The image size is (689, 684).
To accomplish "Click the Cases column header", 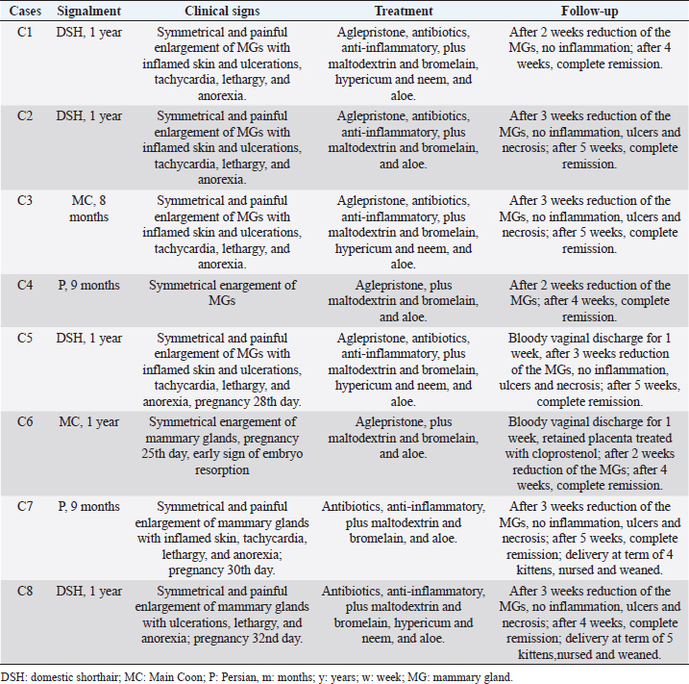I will coord(23,12).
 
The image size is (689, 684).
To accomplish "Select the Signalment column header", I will coord(89,12).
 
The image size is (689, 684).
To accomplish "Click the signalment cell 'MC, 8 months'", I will coord(89,209).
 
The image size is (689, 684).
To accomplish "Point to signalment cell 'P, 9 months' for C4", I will coord(89,286).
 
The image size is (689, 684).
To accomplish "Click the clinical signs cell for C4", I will coord(227,293).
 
